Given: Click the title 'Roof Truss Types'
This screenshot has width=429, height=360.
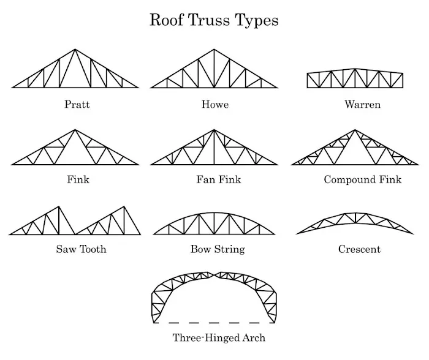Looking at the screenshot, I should [214, 20].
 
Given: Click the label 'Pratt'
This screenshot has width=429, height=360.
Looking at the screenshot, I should [77, 105].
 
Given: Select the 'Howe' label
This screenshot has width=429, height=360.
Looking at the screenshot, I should [215, 105].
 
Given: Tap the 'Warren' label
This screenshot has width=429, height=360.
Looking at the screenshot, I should [362, 105].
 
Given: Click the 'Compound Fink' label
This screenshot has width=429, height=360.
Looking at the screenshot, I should [363, 180].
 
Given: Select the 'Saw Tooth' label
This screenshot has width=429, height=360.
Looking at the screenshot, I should [81, 249].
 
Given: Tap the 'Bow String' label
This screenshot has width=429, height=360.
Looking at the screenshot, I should [218, 249].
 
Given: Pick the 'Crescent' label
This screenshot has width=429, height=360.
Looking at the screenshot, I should [359, 249].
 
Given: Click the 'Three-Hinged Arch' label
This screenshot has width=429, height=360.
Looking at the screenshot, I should [219, 337].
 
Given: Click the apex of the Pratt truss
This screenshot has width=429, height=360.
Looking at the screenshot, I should [75, 50].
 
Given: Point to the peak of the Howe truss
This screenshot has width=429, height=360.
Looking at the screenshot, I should [214, 50].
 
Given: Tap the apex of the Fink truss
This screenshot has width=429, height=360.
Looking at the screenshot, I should [75, 130].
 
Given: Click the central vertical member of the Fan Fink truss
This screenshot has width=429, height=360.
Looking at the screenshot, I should [214, 148].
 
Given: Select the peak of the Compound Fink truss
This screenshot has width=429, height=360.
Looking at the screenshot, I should [354, 130].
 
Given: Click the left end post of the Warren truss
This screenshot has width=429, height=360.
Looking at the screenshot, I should [307, 80].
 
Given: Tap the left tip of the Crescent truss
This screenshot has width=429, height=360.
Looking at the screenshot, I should [297, 233].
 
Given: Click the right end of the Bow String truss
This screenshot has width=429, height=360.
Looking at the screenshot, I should [275, 234].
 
